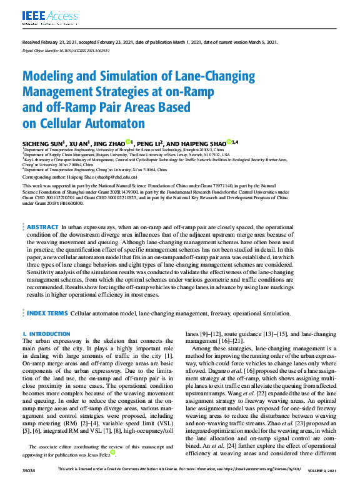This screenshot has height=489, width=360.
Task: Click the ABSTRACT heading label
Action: coord(41,227)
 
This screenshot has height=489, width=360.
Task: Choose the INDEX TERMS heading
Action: coord(47,312)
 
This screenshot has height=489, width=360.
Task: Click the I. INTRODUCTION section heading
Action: coord(46,335)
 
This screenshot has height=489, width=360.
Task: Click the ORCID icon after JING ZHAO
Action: coord(127,142)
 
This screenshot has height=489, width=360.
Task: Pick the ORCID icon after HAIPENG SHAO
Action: coord(229,142)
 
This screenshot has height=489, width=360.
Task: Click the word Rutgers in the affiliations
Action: coord(96,155)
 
